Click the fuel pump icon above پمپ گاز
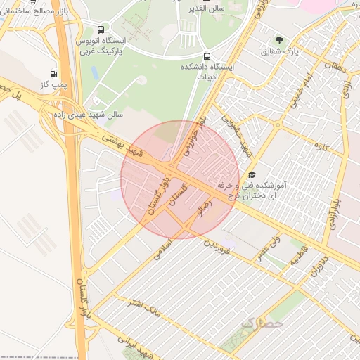coord(54,73)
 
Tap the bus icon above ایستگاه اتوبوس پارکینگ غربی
coord(102,30)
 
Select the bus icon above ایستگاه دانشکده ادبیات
coord(206,56)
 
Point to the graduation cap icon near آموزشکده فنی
coord(252,174)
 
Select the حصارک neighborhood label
coord(262,323)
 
